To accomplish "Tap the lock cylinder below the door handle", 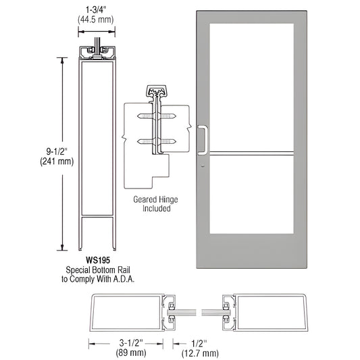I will pyautogui.click(x=203, y=165).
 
